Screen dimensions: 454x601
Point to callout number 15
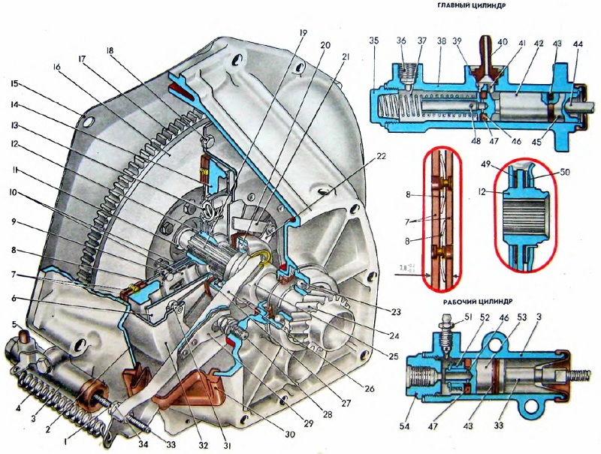[15, 84]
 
